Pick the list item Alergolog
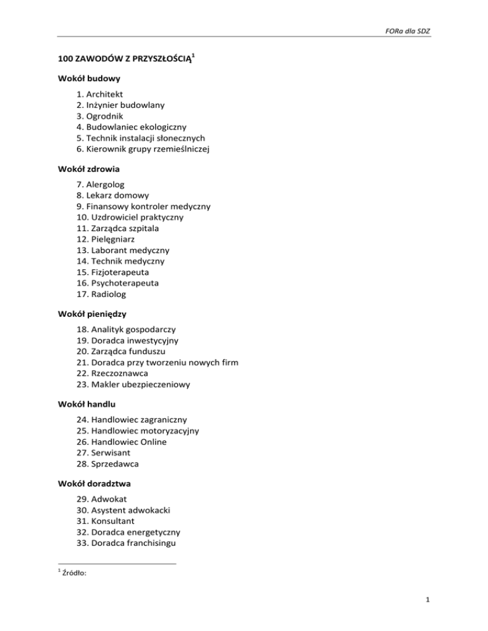coord(104,184)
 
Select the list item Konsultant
coord(115,520)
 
